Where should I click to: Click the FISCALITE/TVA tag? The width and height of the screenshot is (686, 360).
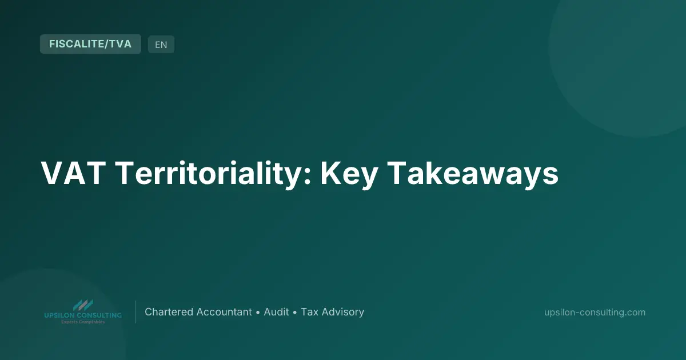pos(90,44)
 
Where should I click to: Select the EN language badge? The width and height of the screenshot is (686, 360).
pos(161,45)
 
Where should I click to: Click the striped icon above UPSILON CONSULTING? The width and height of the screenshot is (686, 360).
pos(82,305)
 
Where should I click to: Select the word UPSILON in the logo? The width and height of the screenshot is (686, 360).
pos(59,315)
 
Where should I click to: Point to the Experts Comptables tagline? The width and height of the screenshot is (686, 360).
pos(82,322)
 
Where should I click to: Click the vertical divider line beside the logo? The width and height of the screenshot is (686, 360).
pos(135,312)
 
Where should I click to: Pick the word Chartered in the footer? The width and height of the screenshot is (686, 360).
pos(169,312)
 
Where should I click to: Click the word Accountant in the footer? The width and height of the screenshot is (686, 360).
pos(224,312)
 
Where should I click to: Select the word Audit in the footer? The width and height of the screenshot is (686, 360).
pos(276,312)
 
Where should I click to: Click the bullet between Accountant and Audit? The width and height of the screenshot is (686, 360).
pos(258,313)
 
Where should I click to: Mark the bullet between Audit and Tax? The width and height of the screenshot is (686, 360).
pos(294,313)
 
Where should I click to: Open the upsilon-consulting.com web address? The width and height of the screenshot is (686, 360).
pos(595,312)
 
